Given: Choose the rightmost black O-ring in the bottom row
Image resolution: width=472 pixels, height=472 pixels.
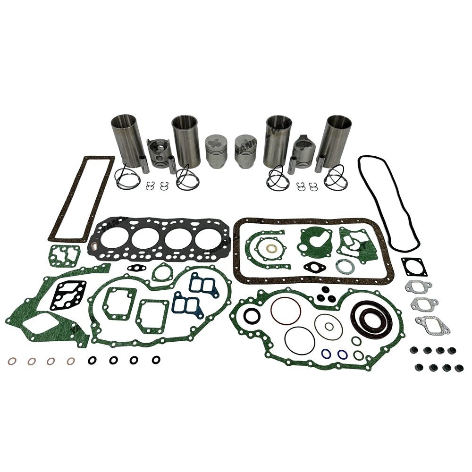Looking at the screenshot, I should click(156, 360).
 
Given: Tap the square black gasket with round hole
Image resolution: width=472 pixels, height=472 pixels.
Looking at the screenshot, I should click(414, 267).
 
